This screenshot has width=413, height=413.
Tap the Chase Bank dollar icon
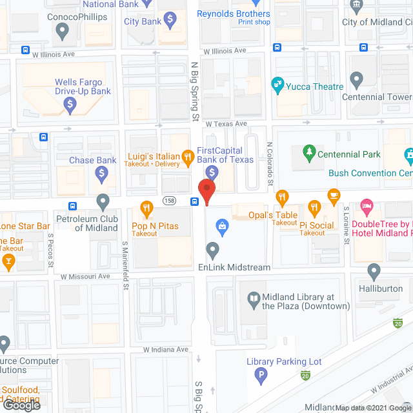(101, 172)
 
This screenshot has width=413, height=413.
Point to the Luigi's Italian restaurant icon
(187, 156)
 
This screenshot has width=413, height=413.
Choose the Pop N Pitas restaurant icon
(146, 208)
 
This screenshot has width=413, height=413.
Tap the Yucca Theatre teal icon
(277, 83)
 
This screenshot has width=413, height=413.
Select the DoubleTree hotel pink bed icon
(367, 206)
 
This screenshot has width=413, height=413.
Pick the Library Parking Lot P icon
(261, 374)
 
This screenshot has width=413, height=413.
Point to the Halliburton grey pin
(374, 271)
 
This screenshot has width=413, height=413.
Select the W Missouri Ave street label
(85, 276)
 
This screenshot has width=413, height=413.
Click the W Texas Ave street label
(227, 123)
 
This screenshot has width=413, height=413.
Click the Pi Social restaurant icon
(315, 207)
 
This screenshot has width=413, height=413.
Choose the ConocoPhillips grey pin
(62, 29)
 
